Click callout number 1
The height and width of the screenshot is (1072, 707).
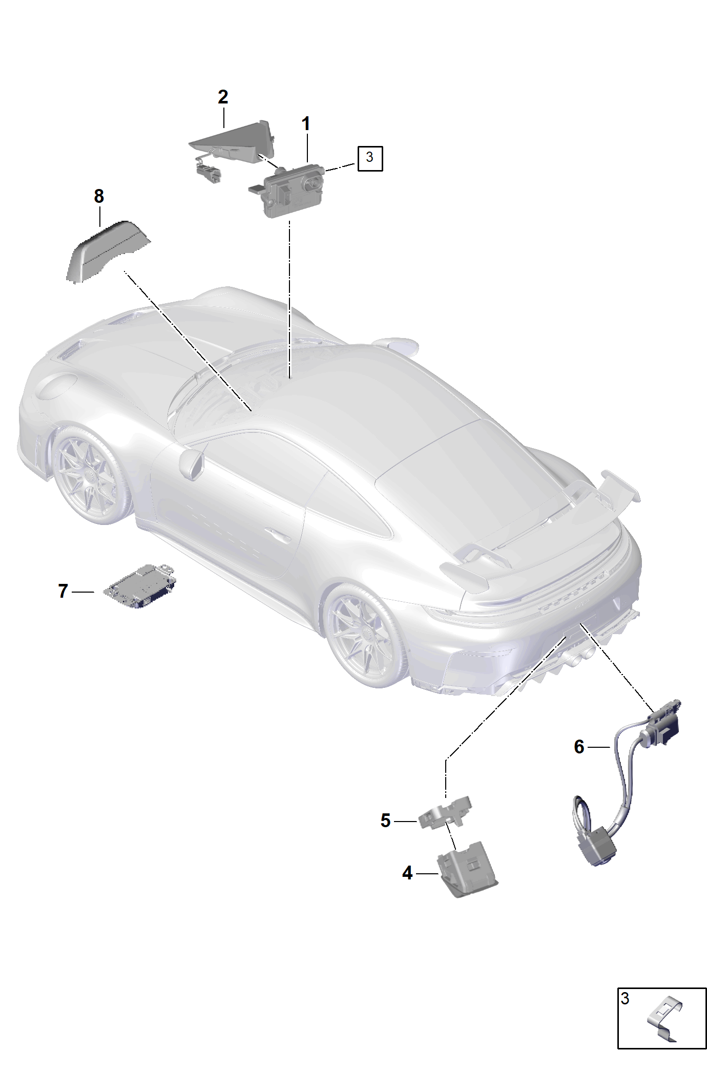(306, 124)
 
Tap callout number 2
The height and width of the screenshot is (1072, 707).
(223, 97)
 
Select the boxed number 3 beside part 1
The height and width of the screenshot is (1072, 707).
(370, 158)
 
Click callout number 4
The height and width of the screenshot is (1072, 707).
(407, 873)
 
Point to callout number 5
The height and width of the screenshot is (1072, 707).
(386, 821)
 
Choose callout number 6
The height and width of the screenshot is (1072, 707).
(579, 747)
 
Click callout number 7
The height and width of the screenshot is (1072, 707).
(63, 591)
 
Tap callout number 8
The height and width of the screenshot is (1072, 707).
(99, 196)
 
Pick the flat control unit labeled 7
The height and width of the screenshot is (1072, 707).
(140, 586)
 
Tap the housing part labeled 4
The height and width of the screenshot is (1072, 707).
(466, 869)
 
